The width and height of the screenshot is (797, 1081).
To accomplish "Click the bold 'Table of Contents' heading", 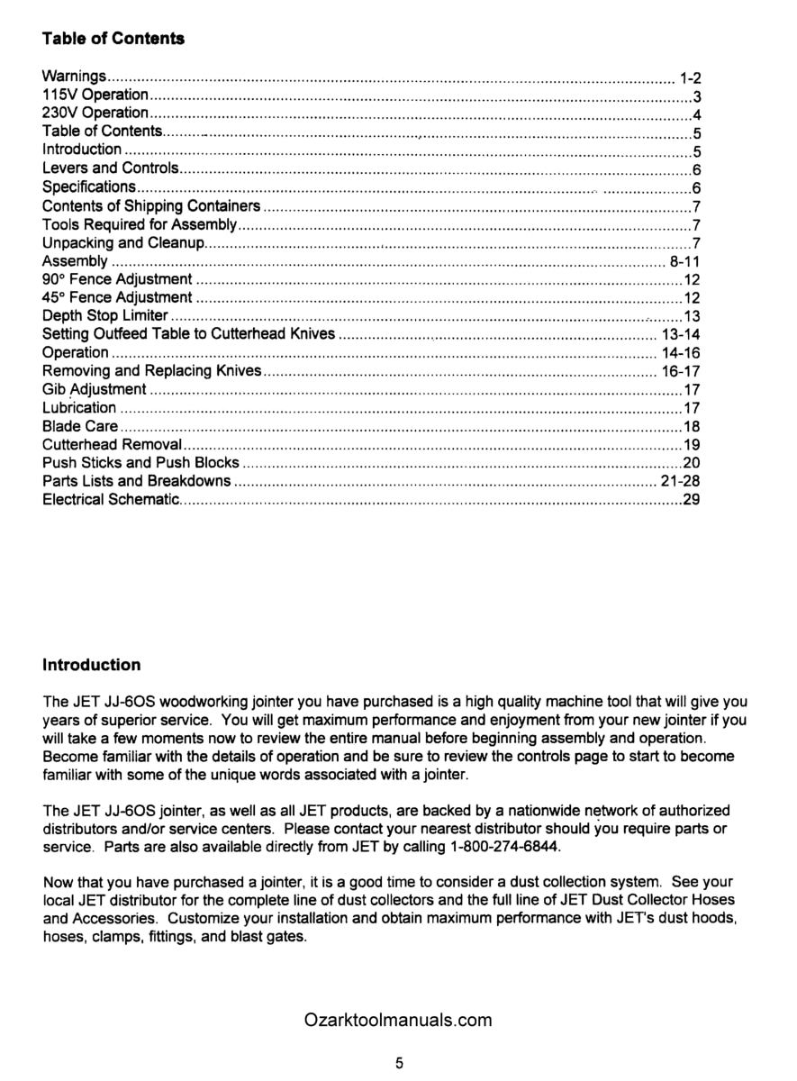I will point(113,39).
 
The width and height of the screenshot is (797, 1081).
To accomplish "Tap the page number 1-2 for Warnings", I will point(691,77).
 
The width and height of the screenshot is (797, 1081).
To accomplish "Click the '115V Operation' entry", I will point(95,95).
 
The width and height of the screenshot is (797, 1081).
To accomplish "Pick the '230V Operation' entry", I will point(95,113).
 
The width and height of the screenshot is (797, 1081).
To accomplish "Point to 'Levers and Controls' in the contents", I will point(111,168).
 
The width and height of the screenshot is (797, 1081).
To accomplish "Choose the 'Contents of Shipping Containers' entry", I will point(151,206).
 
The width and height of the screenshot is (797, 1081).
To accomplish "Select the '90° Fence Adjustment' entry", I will point(117,279).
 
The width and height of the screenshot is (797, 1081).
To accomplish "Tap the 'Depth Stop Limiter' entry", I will point(105,316).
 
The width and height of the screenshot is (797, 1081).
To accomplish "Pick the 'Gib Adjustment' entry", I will point(94,389).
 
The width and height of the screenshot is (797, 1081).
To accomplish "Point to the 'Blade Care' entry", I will point(80,427).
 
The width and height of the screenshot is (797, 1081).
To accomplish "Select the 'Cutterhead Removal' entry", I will point(113,445).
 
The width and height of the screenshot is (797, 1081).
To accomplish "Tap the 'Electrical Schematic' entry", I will point(112,500).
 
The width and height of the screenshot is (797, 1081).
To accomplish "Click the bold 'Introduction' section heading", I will point(92,665).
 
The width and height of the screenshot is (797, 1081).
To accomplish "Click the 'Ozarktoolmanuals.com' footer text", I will point(398,1020).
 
